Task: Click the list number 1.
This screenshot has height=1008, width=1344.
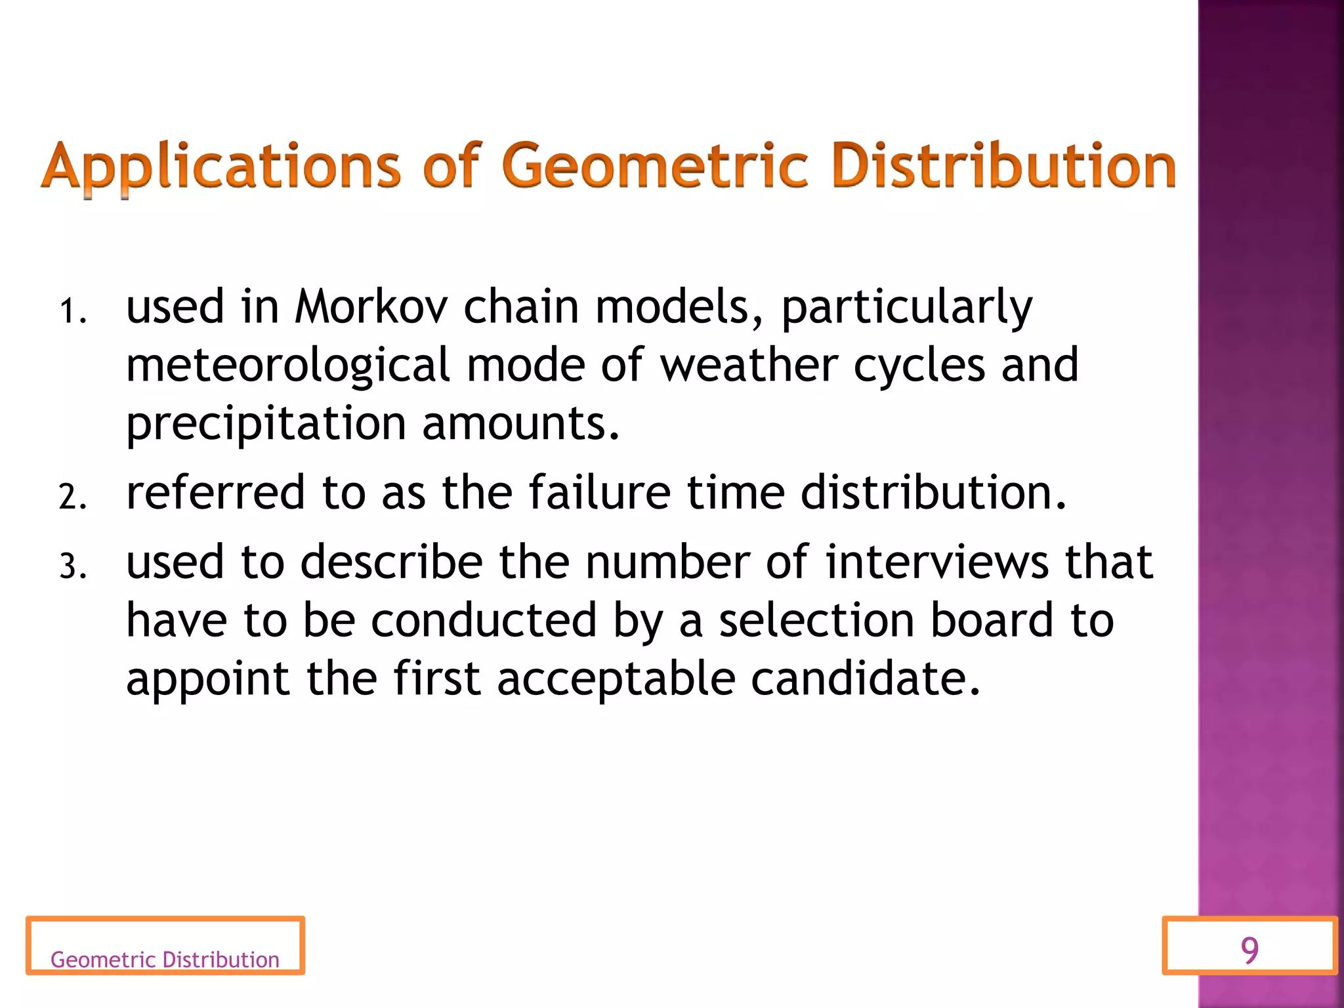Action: [x=72, y=311]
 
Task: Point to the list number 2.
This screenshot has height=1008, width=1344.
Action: [x=72, y=497]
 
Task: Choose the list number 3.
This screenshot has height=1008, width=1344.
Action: [x=72, y=566]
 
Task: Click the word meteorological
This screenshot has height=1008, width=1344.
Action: [x=287, y=366]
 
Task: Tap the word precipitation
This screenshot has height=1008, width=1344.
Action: [x=266, y=424]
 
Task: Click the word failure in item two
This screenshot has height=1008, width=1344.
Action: [x=600, y=492]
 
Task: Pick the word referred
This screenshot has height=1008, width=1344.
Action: [x=216, y=492]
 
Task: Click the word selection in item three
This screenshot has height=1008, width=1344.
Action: [x=816, y=620]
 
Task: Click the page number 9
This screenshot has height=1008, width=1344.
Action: [x=1249, y=950]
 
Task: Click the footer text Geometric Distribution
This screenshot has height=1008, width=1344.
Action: [x=165, y=959]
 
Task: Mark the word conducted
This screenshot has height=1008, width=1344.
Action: [x=484, y=620]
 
